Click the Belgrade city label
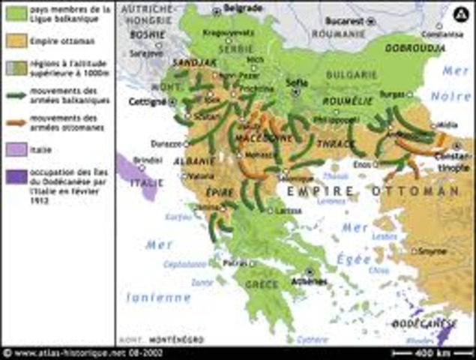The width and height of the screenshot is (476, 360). [x=243, y=7]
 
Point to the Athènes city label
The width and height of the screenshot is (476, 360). [x=313, y=280]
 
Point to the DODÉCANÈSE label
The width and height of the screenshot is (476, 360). [x=425, y=323]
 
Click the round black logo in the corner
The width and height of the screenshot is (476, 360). [x=460, y=12]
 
